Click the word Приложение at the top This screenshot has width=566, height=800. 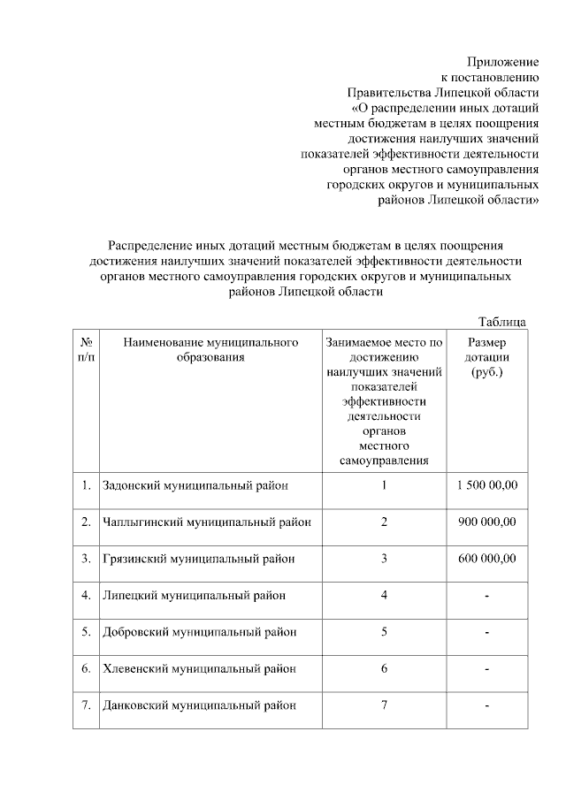click(x=503, y=62)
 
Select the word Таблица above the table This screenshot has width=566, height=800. click(x=503, y=322)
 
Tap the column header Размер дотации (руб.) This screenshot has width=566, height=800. click(x=487, y=356)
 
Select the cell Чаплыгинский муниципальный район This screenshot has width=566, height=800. click(x=207, y=522)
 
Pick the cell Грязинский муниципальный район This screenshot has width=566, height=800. click(x=198, y=559)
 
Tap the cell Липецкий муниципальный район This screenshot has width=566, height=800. click(x=194, y=595)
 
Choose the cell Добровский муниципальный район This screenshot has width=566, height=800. click(x=199, y=632)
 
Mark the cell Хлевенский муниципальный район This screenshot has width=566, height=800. click(x=199, y=668)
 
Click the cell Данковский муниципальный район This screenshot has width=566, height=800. click(x=199, y=705)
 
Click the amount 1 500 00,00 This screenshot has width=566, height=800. click(x=487, y=485)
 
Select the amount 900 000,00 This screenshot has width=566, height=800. click(x=487, y=522)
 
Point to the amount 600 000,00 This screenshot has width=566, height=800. click(x=487, y=559)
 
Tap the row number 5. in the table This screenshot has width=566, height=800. click(x=86, y=632)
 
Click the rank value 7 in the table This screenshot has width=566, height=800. click(x=385, y=705)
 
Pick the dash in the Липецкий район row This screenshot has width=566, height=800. click(x=487, y=596)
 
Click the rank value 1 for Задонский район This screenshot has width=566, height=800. click(x=385, y=485)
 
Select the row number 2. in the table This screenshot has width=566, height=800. click(x=86, y=522)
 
